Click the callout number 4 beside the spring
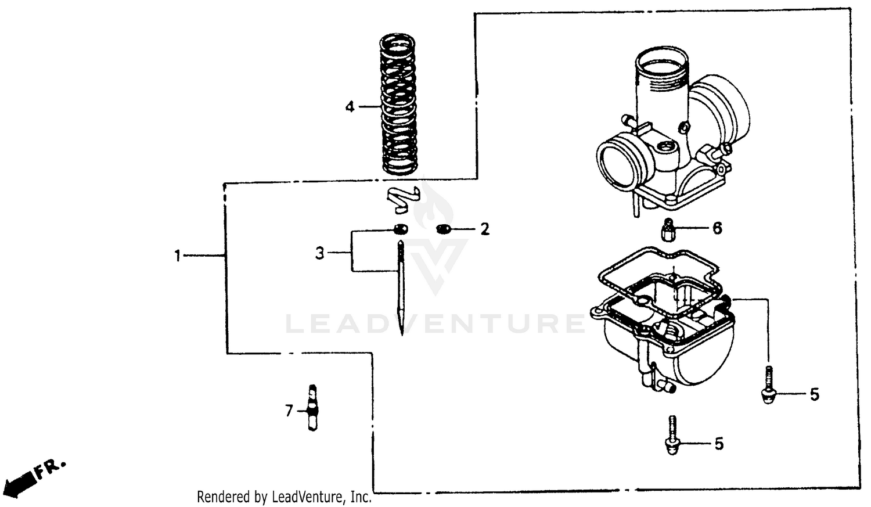pyautogui.click(x=350, y=107)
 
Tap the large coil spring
pyautogui.click(x=399, y=105)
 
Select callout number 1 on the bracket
pyautogui.click(x=178, y=256)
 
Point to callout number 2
pyautogui.click(x=485, y=229)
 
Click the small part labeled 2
pyautogui.click(x=444, y=229)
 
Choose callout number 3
pyautogui.click(x=319, y=253)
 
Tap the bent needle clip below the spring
pyautogui.click(x=403, y=199)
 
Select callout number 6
pyautogui.click(x=717, y=228)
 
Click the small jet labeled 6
pyautogui.click(x=668, y=229)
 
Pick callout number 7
pyautogui.click(x=289, y=411)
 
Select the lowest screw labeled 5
pyautogui.click(x=672, y=436)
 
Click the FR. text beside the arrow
pyautogui.click(x=51, y=468)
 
